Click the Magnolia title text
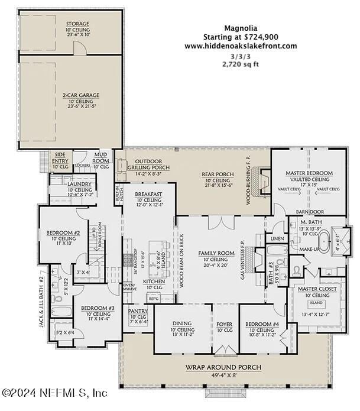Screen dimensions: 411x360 [x=240, y=27]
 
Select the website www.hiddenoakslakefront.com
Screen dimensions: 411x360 [x=240, y=46]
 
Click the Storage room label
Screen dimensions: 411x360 [x=77, y=24]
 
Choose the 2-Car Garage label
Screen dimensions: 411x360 [x=81, y=95]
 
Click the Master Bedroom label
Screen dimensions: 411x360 [x=309, y=173]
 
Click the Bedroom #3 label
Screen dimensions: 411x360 [x=98, y=308]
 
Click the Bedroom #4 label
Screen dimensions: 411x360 [x=261, y=324]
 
